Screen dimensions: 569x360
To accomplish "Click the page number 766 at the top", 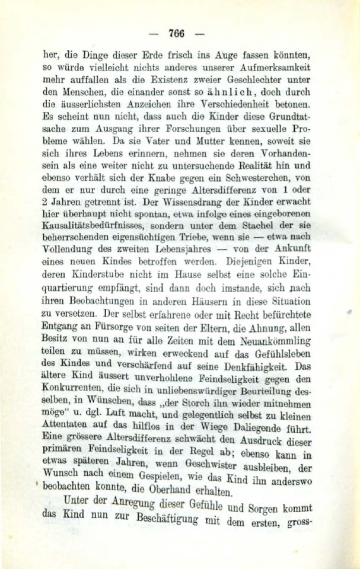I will click(x=177, y=33).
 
